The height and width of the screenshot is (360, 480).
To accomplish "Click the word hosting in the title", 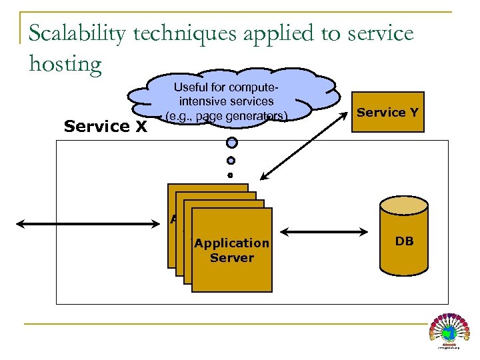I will tap(65, 63).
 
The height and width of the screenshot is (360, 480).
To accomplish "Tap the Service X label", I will tap(105, 126).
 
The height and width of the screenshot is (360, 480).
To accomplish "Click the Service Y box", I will tap(387, 112).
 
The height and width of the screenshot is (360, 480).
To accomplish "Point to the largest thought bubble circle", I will tap(231, 142).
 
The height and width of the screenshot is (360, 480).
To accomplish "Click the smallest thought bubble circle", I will tap(231, 175).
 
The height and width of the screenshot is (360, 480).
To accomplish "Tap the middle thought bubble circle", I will tap(231, 160).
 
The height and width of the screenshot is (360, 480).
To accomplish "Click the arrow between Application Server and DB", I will tap(325, 233).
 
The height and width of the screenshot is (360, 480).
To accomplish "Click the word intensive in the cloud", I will tap(201, 101).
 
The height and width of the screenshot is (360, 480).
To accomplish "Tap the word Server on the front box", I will tap(232, 258).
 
